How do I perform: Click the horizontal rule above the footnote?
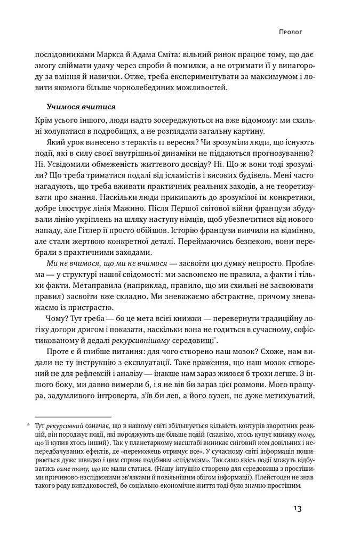pyautogui.click(x=73, y=417)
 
